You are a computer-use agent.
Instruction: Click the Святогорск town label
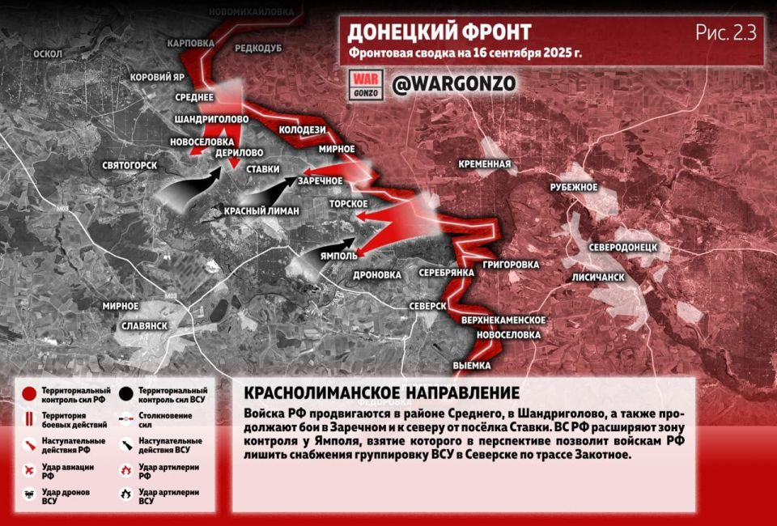(129, 165)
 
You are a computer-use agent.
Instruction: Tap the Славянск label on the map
(143, 325)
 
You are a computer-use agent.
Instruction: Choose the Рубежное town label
(574, 187)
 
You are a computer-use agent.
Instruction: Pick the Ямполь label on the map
(340, 256)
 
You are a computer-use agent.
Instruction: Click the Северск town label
(429, 305)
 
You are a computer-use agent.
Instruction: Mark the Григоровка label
(511, 265)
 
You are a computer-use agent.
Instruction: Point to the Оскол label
(48, 53)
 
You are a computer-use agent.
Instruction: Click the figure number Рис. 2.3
(725, 33)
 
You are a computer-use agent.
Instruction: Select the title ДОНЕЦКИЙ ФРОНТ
(439, 32)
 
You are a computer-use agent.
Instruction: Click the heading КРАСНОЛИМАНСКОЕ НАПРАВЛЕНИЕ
(381, 392)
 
